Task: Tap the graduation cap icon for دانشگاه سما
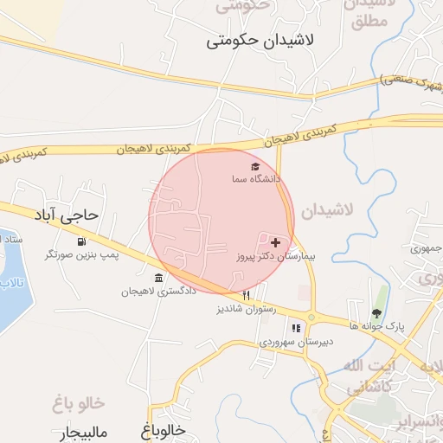click(x=255, y=166)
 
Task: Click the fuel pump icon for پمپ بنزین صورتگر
click(x=81, y=241)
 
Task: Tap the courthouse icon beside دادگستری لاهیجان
click(x=157, y=278)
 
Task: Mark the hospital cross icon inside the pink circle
click(x=275, y=243)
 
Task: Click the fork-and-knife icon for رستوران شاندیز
click(x=247, y=295)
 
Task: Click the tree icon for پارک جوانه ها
click(x=376, y=312)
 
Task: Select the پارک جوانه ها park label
click(x=378, y=325)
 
